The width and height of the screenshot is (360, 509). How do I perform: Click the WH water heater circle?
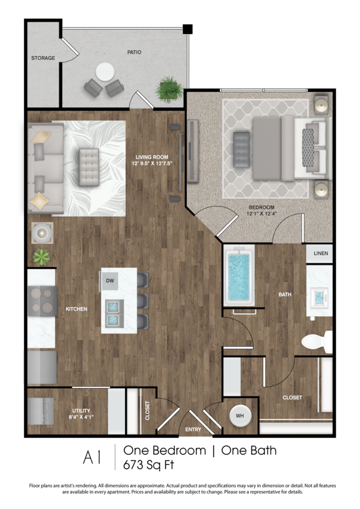(240, 416)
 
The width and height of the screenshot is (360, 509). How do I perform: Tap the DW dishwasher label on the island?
(110, 280)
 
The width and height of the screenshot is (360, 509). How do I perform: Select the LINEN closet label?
(320, 253)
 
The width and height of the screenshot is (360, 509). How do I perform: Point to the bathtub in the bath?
(239, 276)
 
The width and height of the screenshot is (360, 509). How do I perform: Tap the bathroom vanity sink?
(319, 297)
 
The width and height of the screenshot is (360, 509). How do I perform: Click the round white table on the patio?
(105, 72)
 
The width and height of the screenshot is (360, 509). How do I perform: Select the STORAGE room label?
(43, 58)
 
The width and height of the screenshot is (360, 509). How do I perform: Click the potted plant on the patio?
(169, 89)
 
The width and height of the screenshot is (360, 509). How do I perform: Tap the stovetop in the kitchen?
(42, 301)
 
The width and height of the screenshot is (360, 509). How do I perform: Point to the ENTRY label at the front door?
(193, 429)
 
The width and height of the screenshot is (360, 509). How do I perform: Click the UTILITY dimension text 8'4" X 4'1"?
(81, 417)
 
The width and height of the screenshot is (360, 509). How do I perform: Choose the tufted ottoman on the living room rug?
(89, 167)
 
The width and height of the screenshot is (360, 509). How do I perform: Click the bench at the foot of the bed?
(242, 150)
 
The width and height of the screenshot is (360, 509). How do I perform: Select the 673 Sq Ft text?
(148, 465)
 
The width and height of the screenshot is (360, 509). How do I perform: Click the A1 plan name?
(92, 458)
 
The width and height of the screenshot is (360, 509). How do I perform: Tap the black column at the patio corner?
(188, 29)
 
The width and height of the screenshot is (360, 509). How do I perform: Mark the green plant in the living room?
(41, 257)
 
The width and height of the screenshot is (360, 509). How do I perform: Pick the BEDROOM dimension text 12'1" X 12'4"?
(261, 214)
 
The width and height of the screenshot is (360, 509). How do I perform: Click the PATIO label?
(134, 52)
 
